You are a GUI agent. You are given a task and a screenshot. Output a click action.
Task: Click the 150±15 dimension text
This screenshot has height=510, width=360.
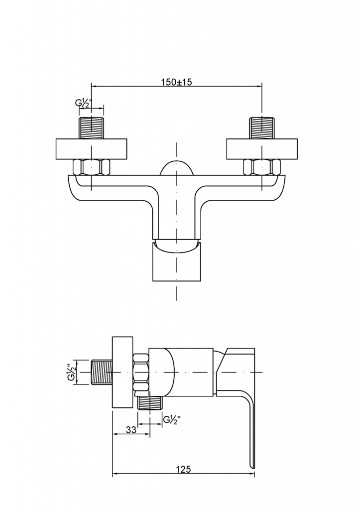pyautogui.click(x=177, y=82)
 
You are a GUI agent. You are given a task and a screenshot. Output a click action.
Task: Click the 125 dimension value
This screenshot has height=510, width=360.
pyautogui.click(x=184, y=469)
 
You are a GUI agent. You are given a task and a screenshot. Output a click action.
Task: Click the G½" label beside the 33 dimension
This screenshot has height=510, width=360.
pyautogui.click(x=172, y=419)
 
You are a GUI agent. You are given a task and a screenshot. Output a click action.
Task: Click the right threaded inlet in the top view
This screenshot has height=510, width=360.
pyautogui.click(x=262, y=128)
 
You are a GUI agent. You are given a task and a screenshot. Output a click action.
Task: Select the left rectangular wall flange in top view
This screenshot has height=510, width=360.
pyautogui.click(x=92, y=150)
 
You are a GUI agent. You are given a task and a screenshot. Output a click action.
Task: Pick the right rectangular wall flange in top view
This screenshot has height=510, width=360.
pyautogui.click(x=262, y=150)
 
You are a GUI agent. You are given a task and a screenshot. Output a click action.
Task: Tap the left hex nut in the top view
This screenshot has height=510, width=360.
pyautogui.click(x=92, y=167)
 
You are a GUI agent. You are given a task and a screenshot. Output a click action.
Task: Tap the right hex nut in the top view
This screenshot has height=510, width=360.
pyautogui.click(x=262, y=167)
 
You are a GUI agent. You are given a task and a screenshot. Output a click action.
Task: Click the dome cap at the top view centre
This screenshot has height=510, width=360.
pyautogui.click(x=177, y=168)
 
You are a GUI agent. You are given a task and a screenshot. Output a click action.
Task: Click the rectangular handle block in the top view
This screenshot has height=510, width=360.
pyautogui.click(x=177, y=264)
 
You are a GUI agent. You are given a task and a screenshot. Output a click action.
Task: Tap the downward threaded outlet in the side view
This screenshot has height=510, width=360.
pyautogui.click(x=150, y=402)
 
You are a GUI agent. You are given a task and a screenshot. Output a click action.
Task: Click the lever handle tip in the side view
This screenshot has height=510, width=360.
pyautogui.click(x=252, y=461)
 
